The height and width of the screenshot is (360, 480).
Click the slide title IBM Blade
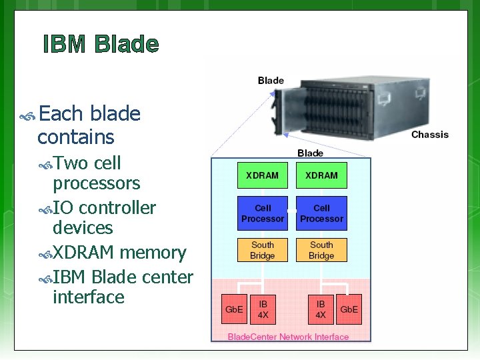click(101, 45)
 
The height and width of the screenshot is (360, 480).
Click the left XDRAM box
click(263, 175)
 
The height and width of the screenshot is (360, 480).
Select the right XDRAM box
click(321, 175)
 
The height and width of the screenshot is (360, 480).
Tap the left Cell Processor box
click(263, 213)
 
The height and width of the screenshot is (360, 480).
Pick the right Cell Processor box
click(321, 213)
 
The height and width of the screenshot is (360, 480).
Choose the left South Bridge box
click(263, 250)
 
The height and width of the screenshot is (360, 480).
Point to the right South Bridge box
click(321, 250)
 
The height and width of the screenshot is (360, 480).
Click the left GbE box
click(234, 309)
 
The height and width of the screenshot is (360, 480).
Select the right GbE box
click(349, 309)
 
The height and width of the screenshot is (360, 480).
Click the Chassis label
click(430, 135)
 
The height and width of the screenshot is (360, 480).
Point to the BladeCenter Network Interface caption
click(288, 337)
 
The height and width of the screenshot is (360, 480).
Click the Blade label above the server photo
click(271, 81)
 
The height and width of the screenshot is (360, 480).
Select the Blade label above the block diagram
click(310, 153)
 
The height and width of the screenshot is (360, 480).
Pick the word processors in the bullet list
click(96, 183)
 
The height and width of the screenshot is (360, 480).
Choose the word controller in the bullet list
click(117, 208)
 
